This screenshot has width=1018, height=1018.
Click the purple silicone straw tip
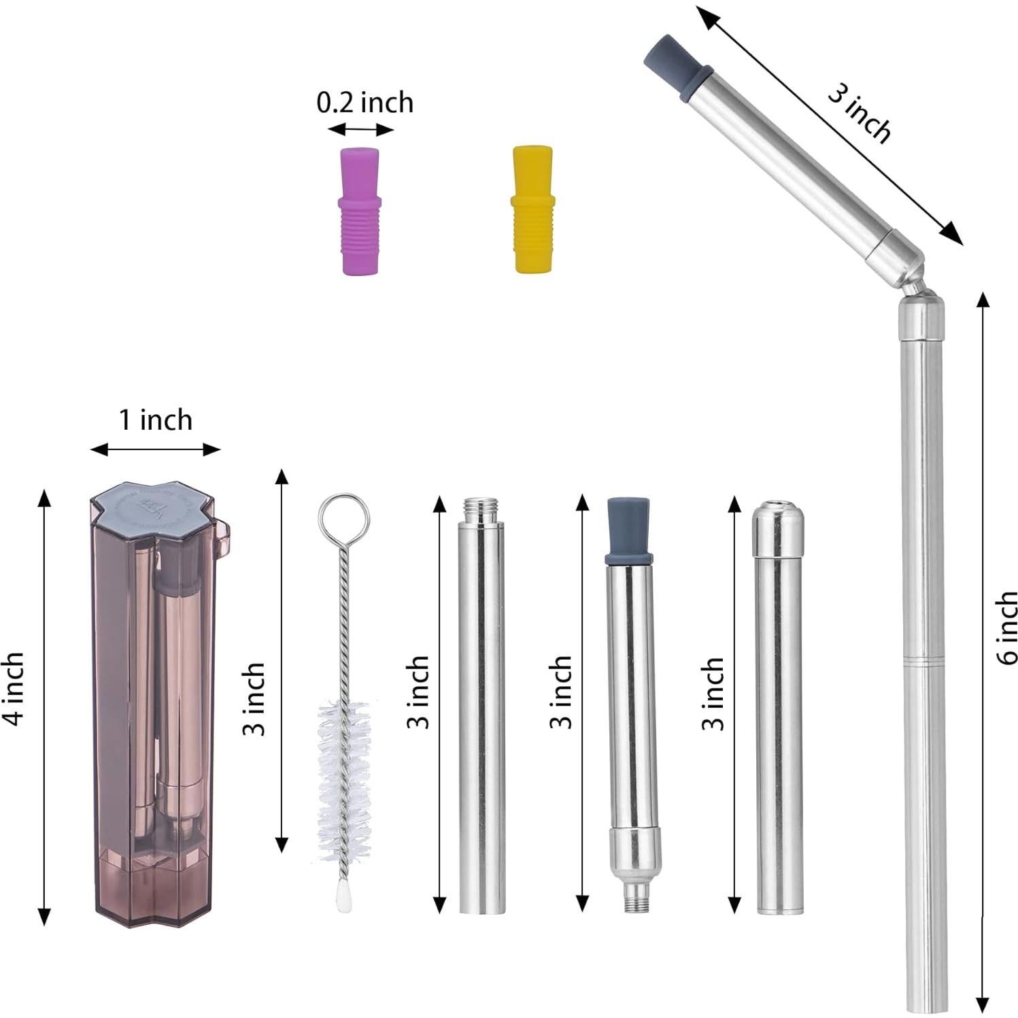pos(360,210)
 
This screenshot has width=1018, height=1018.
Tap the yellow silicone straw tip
pos(532,209)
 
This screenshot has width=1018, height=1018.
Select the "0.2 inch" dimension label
pos(364,102)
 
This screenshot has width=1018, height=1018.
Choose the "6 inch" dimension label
pos(1006,627)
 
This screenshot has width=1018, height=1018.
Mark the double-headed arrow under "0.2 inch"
pos(360,129)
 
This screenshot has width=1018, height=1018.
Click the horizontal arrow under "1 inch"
pos(156,449)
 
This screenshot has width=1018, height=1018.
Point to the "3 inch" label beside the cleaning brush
pos(254,698)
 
